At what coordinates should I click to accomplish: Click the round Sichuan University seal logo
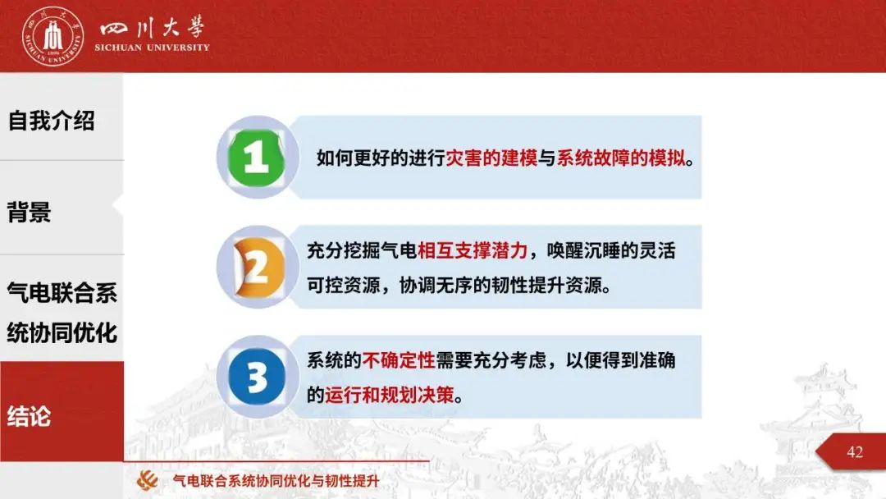click(53, 36)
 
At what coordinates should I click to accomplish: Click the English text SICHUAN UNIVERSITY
click(152, 48)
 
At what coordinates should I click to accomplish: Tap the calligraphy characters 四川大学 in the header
click(152, 26)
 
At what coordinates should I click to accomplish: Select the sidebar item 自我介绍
click(52, 121)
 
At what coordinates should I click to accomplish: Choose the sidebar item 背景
click(30, 212)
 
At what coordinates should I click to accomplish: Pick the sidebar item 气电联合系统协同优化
click(62, 313)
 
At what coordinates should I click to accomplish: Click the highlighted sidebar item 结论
click(30, 416)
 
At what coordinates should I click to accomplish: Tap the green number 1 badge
click(257, 157)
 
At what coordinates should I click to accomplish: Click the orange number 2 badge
click(258, 268)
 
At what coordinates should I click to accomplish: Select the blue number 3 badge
click(257, 377)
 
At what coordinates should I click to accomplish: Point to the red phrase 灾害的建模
click(491, 158)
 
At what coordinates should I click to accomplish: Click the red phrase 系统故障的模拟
click(620, 158)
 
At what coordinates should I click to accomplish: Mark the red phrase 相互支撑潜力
click(473, 250)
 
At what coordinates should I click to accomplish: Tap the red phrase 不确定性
click(399, 360)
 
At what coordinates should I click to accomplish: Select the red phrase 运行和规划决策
click(390, 395)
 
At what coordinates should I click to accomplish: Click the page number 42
click(855, 452)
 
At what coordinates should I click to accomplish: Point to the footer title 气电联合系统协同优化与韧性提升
click(276, 481)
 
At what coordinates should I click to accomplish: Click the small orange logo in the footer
click(148, 480)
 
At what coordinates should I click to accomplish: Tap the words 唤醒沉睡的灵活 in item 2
click(611, 250)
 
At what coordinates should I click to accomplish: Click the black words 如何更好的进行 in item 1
click(381, 158)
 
